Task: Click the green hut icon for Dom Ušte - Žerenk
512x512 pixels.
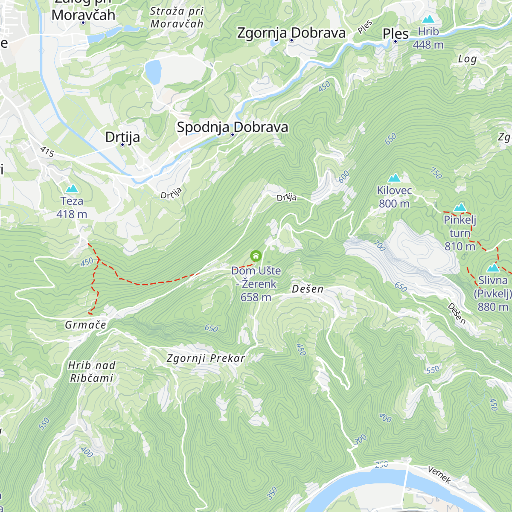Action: click(x=256, y=256)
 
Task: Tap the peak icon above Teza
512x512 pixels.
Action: click(x=72, y=189)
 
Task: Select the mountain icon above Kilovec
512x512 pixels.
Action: click(x=394, y=178)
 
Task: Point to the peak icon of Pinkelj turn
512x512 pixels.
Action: click(x=460, y=208)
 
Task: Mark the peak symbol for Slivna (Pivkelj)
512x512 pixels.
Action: click(x=493, y=268)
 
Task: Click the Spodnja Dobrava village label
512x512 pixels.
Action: click(x=233, y=127)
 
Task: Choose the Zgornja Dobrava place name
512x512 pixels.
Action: click(x=291, y=33)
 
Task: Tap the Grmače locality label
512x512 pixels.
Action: click(x=85, y=325)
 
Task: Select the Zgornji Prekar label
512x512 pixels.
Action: click(x=206, y=358)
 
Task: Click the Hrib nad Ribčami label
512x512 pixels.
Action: click(x=92, y=372)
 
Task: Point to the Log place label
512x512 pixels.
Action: click(x=467, y=59)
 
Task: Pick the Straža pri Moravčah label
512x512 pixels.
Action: click(x=177, y=17)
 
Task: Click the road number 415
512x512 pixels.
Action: click(x=47, y=151)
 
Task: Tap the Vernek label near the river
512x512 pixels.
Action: click(x=439, y=475)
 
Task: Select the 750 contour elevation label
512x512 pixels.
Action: click(x=436, y=173)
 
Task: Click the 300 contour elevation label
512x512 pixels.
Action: click(x=360, y=439)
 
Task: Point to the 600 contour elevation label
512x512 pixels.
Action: click(x=344, y=177)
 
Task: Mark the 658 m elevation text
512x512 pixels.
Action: click(x=256, y=297)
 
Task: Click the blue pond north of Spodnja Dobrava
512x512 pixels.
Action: click(x=153, y=71)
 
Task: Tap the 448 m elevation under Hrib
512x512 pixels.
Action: click(x=428, y=45)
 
